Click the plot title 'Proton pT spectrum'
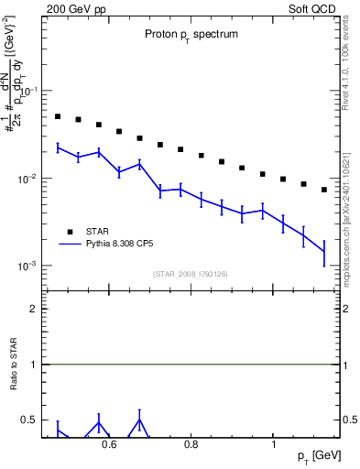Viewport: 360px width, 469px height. click(x=191, y=34)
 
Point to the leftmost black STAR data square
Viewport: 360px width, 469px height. click(x=58, y=116)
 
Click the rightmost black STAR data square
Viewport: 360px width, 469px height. click(x=324, y=190)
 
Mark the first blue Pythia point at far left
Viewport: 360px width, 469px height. click(x=58, y=147)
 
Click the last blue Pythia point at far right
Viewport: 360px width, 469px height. click(x=324, y=251)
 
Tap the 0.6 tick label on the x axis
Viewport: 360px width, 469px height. click(x=109, y=445)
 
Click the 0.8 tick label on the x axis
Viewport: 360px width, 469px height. click(x=191, y=445)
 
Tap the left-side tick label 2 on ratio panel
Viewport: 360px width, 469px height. click(x=32, y=309)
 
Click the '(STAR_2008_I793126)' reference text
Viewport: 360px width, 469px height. click(x=191, y=272)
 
